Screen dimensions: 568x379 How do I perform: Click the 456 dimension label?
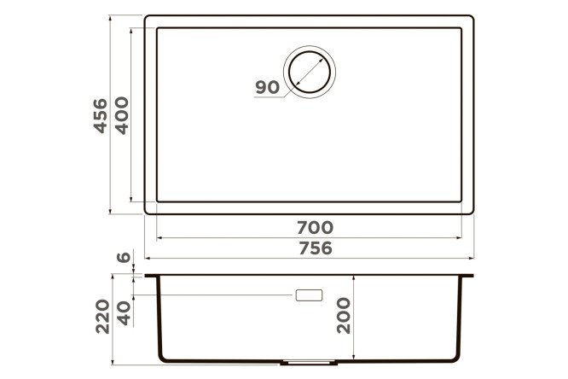[101, 116]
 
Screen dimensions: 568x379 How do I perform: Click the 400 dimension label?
[121, 116]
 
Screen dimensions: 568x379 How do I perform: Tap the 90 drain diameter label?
[267, 87]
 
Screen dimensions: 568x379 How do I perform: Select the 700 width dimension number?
[316, 228]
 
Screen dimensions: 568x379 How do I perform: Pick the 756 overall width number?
[316, 248]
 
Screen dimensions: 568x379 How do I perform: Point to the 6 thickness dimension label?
[124, 257]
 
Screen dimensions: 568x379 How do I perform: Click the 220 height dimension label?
[102, 316]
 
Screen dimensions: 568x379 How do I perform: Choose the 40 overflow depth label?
[124, 313]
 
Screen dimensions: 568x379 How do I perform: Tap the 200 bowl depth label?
[344, 316]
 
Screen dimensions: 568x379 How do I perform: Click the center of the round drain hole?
[310, 72]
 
